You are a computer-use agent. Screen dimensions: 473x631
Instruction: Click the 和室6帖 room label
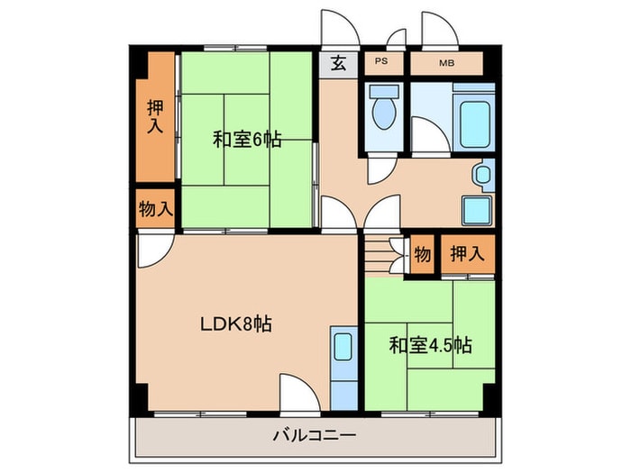(247, 140)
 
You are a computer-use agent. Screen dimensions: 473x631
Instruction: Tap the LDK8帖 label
(235, 323)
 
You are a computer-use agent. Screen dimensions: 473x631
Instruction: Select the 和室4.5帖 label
(431, 345)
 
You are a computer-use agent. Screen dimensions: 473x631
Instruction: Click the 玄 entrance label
(338, 63)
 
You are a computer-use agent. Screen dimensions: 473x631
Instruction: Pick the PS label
(381, 63)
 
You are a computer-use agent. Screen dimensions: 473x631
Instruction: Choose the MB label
(446, 63)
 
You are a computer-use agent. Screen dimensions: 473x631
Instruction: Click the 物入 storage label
(155, 210)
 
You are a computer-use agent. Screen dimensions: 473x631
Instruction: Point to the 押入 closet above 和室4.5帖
(467, 253)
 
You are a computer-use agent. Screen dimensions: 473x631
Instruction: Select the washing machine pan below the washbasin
(478, 210)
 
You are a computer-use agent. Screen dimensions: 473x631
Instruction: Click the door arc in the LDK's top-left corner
(153, 249)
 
